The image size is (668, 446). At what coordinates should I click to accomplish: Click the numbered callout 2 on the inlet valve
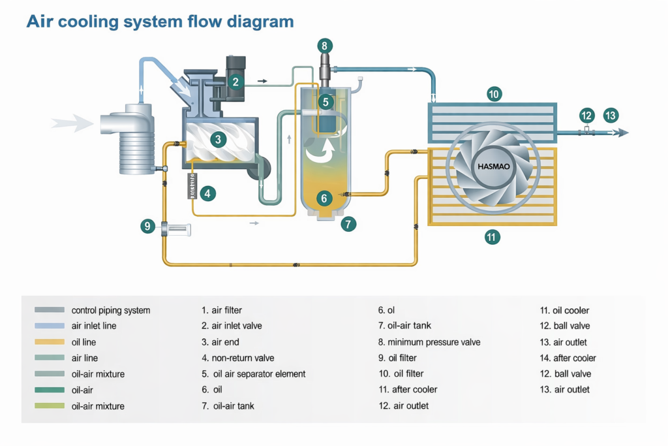click(236, 82)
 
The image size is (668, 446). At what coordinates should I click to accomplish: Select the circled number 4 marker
click(208, 193)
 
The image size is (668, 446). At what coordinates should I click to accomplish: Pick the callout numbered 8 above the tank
click(325, 46)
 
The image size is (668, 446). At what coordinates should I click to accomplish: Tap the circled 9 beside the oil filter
click(148, 227)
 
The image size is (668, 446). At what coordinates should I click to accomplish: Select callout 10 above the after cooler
click(494, 95)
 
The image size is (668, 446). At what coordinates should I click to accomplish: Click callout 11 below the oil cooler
click(492, 237)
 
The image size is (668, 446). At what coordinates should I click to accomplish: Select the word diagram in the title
click(260, 22)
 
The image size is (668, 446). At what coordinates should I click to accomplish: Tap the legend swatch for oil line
click(50, 342)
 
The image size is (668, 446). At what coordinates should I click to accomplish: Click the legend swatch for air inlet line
click(50, 326)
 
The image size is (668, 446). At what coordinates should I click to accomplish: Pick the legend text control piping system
click(110, 310)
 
